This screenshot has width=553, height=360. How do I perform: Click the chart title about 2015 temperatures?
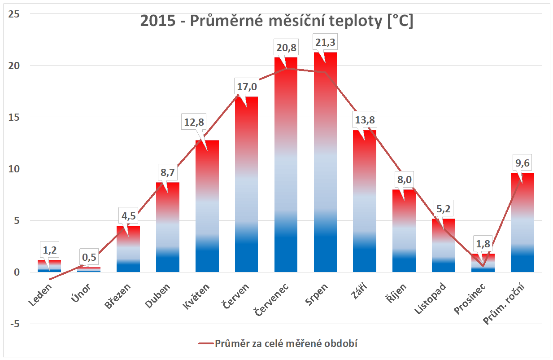click(276, 21)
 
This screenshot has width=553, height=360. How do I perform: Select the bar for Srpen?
click(326, 180)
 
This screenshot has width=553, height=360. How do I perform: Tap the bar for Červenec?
click(286, 180)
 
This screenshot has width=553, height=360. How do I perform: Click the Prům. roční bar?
click(523, 224)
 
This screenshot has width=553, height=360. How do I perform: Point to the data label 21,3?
click(326, 42)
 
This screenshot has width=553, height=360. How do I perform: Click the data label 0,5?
click(89, 257)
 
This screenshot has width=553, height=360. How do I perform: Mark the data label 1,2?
click(49, 250)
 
